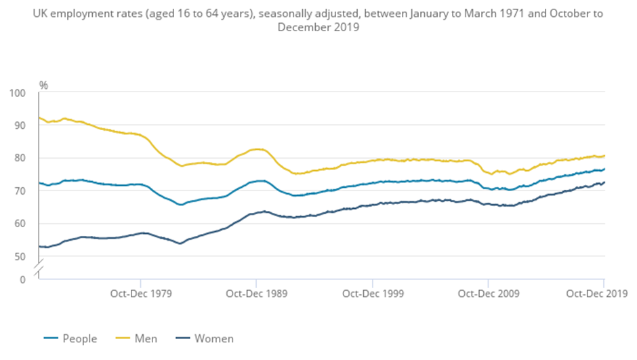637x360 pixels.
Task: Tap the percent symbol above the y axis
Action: pyautogui.click(x=43, y=85)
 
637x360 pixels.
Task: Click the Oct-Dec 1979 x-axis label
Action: pyautogui.click(x=140, y=294)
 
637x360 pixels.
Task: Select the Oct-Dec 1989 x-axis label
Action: pyautogui.click(x=256, y=294)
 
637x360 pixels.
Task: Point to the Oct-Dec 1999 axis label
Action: pyautogui.click(x=372, y=294)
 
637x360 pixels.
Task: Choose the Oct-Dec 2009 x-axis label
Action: pyautogui.click(x=488, y=294)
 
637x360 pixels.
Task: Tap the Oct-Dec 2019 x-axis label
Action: pyautogui.click(x=596, y=294)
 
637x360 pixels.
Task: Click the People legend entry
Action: pyautogui.click(x=70, y=338)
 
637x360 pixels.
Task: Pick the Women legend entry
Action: pyautogui.click(x=204, y=338)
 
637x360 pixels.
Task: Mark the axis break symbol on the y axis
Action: pyautogui.click(x=39, y=267)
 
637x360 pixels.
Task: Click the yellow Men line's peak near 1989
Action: pyautogui.click(x=257, y=148)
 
